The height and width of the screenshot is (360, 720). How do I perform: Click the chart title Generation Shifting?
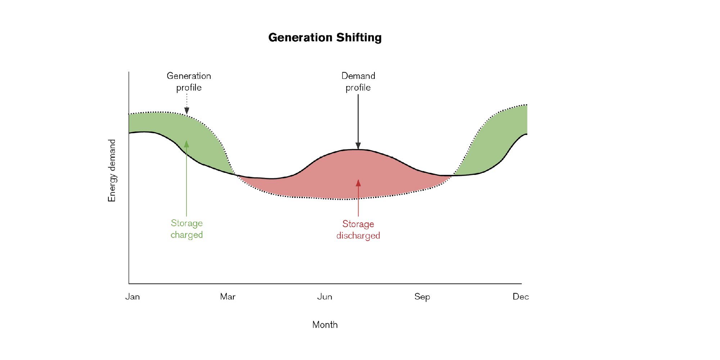click(x=325, y=38)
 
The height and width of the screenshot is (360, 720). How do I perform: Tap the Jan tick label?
click(x=132, y=297)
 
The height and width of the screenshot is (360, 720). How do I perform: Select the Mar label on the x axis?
click(x=228, y=297)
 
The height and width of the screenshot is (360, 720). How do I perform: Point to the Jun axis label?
click(x=325, y=297)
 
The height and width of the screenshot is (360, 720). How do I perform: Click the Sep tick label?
click(x=422, y=297)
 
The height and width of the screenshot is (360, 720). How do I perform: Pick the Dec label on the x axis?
click(x=521, y=297)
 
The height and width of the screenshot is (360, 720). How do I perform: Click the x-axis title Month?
click(x=325, y=325)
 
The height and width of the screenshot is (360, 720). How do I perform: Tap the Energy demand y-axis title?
click(x=112, y=171)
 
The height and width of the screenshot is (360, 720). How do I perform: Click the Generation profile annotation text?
click(x=189, y=82)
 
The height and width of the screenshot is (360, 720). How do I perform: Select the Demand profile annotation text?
click(x=358, y=82)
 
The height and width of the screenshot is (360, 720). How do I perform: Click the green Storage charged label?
click(x=187, y=229)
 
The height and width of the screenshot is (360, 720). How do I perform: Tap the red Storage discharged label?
click(x=358, y=230)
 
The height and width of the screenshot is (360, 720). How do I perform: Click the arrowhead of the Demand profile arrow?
click(x=358, y=146)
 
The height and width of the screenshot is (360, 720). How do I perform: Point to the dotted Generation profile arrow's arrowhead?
click(x=186, y=111)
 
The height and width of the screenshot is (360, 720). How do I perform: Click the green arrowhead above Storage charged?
click(x=186, y=144)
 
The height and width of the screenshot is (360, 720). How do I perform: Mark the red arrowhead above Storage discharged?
click(x=358, y=183)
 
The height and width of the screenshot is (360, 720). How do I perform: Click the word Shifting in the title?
click(x=359, y=38)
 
